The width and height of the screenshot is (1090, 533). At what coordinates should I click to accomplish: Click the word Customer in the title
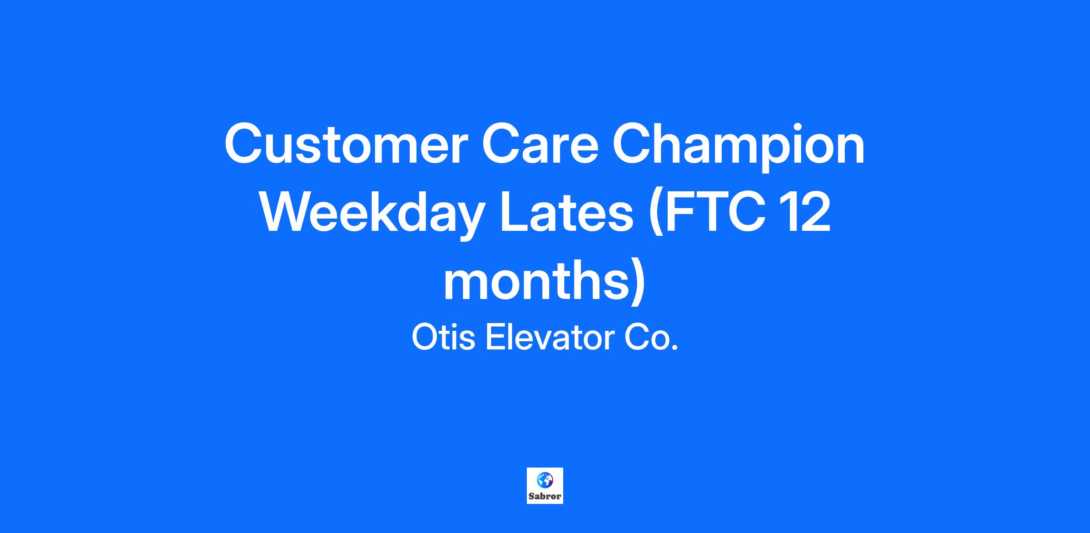[x=346, y=144]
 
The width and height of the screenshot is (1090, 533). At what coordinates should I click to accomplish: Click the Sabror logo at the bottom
[x=545, y=486]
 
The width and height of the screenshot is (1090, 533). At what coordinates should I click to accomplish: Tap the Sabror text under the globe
[x=545, y=497]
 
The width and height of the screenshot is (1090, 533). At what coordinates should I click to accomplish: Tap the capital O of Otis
[x=425, y=338]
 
